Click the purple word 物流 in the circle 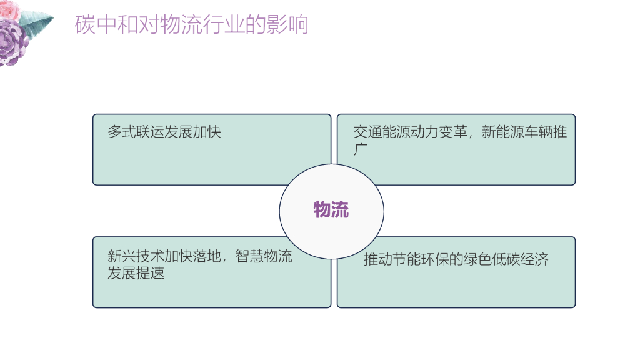click(x=331, y=210)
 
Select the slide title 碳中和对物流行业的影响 click(x=191, y=25)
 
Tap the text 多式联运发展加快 click(x=164, y=132)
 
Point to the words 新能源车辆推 click(x=524, y=132)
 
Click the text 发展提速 click(x=136, y=273)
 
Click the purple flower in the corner click(x=14, y=41)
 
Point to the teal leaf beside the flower click(x=39, y=22)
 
